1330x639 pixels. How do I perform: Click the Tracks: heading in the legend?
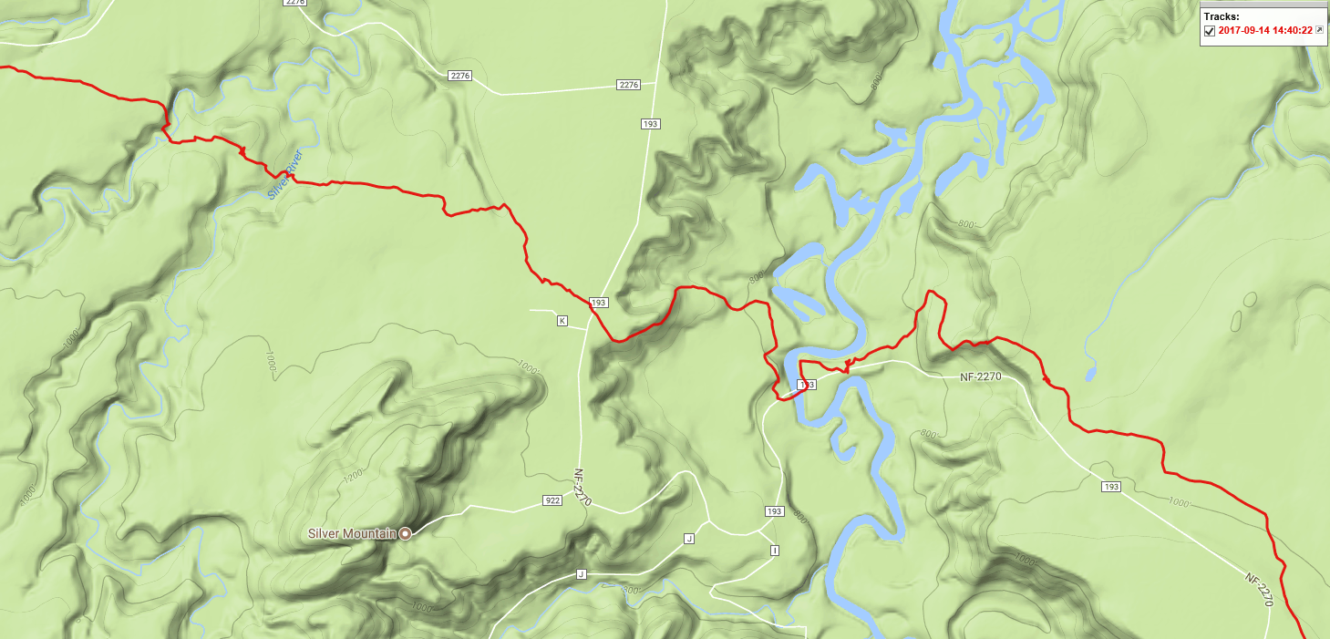1221,16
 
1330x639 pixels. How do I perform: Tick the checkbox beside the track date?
1210,31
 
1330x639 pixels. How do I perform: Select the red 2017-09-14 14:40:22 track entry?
1265,31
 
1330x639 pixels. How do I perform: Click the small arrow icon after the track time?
1318,30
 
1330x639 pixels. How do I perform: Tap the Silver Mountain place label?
352,533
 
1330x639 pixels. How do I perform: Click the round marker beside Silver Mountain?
405,533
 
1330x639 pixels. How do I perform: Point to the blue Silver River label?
284,174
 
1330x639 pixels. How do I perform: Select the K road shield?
562,321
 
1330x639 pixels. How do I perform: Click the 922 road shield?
552,500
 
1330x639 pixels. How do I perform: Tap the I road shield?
775,551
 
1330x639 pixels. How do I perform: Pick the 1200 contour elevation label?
353,474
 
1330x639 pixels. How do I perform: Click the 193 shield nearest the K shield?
598,303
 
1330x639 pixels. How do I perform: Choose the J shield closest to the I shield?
689,540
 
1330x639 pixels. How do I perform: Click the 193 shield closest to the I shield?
775,511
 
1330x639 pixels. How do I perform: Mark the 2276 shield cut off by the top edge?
294,3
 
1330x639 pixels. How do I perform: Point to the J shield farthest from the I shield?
580,574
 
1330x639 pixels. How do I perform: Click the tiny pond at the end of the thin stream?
1090,374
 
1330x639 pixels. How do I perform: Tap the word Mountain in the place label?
375,533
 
